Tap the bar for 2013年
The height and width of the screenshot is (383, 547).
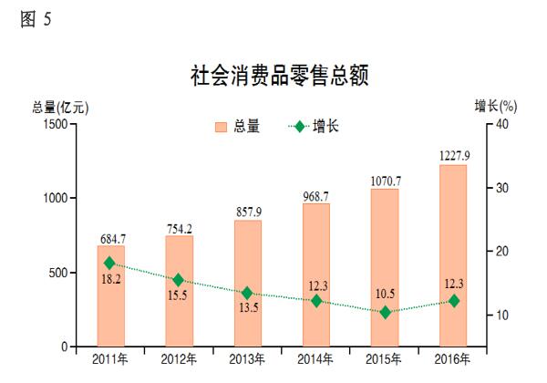(247, 284)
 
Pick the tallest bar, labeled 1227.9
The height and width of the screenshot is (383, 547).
(453, 256)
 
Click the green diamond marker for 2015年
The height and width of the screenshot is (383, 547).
(385, 312)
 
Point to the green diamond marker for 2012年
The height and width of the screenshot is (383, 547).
(179, 280)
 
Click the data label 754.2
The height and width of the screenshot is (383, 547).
(179, 228)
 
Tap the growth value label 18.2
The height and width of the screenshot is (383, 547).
(110, 279)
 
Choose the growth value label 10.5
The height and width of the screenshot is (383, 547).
(385, 294)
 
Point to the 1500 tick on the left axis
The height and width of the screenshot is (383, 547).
(55, 124)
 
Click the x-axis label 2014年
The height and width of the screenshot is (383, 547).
(316, 358)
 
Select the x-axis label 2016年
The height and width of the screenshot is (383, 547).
(453, 358)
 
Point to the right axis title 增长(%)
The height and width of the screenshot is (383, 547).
(495, 107)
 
